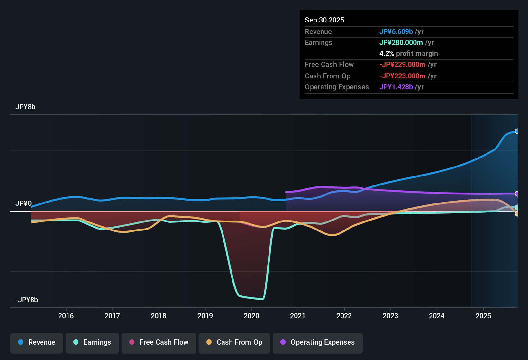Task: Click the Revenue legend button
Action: point(37,342)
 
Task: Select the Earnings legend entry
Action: point(92,342)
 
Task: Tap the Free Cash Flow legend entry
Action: point(159,342)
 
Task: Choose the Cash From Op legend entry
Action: point(234,342)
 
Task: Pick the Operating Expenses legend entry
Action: point(318,342)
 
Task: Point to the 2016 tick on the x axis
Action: point(66,316)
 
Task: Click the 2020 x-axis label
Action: point(251,316)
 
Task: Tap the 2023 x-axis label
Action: point(390,316)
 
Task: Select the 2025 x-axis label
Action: point(483,316)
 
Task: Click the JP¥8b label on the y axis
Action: point(25,107)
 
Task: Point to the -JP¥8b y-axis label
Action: point(27,300)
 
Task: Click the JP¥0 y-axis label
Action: point(23,203)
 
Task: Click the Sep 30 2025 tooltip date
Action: point(324,20)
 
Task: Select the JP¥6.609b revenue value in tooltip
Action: point(396,32)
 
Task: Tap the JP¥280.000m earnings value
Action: point(401,42)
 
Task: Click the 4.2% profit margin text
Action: point(408,53)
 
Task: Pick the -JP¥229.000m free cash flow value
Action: point(402,64)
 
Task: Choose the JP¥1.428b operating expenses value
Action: point(396,87)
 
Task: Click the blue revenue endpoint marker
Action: point(517,131)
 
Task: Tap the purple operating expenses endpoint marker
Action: point(517,194)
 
